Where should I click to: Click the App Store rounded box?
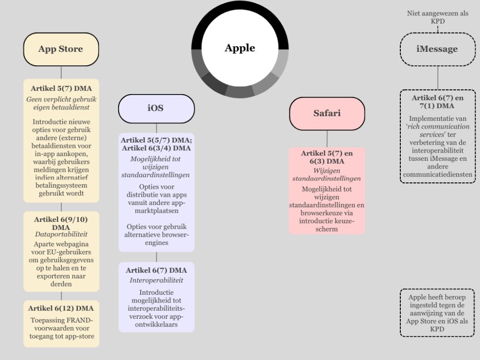[61, 49]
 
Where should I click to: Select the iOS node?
[156, 108]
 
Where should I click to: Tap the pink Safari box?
[327, 113]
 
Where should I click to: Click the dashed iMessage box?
[437, 49]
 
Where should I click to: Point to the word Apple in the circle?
[240, 48]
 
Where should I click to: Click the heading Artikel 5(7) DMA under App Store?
[61, 88]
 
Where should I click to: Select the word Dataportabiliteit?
[61, 234]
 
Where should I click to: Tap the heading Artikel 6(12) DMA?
[61, 308]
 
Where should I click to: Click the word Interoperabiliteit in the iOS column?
[156, 280]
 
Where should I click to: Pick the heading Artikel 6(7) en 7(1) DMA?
[437, 102]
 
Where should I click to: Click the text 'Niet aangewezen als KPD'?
[437, 17]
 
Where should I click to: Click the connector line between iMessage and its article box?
[437, 77]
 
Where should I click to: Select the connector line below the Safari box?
[327, 139]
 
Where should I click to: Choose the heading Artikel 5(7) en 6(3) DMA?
[327, 157]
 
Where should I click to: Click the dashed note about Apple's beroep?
[437, 312]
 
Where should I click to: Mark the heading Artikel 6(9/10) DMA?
[61, 223]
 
